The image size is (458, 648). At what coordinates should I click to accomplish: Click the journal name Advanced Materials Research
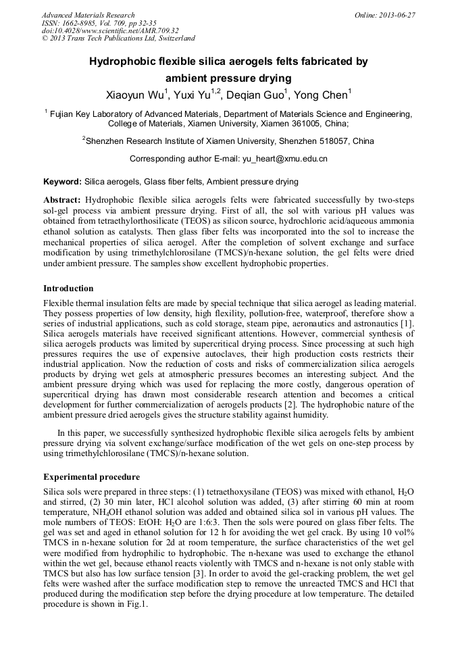point(88,15)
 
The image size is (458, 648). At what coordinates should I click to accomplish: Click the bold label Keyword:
point(63,182)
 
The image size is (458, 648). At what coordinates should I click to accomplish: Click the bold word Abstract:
point(63,201)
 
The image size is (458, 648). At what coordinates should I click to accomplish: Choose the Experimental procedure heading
point(91,477)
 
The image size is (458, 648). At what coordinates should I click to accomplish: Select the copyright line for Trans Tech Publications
point(118,38)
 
